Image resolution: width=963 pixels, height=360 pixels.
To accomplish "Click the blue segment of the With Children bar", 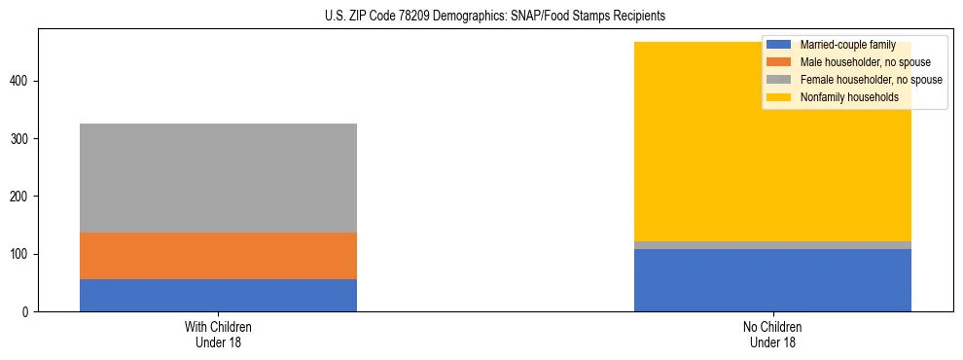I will click(x=218, y=295).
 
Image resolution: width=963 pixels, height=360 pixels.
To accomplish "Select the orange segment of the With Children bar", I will click(x=218, y=256).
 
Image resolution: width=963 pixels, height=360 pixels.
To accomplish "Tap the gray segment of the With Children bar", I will click(x=218, y=178).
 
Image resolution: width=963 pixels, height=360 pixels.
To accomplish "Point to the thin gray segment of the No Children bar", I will click(x=772, y=245).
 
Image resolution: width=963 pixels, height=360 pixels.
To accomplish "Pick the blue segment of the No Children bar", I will click(x=772, y=280).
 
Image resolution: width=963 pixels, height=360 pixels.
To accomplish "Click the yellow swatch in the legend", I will click(x=779, y=97).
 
